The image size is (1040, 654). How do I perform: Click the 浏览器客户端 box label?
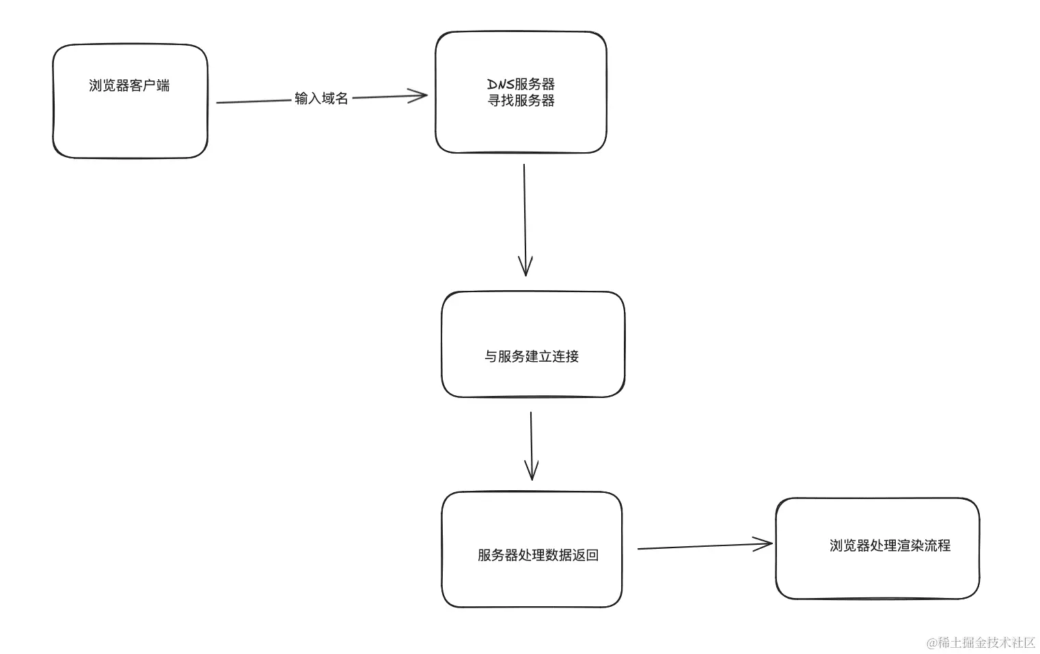129,86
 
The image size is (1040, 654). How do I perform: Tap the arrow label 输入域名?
321,99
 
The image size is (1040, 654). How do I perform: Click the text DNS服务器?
521,84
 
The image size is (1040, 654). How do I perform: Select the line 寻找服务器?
521,101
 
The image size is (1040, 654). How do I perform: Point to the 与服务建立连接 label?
532,356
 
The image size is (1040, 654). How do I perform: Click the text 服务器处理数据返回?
538,556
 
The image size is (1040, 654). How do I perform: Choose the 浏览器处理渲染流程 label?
890,546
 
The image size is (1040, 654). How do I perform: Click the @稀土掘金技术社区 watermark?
981,642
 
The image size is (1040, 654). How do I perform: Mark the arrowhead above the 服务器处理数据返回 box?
532,472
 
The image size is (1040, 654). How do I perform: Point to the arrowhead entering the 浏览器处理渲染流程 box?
765,544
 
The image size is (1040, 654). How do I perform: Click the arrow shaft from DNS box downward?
524,212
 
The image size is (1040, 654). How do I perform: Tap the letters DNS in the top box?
500,84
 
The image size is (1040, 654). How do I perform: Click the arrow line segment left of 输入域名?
253,102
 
